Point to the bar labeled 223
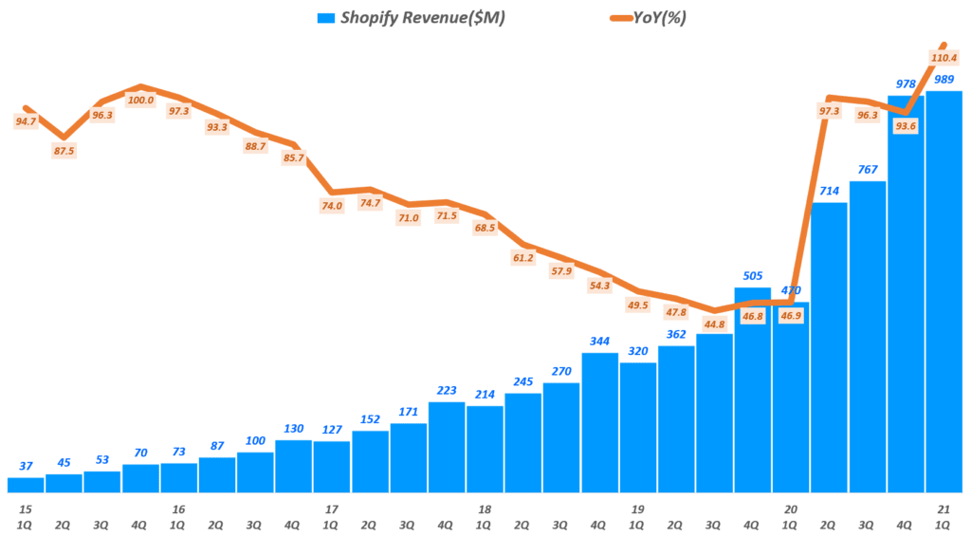[447, 447]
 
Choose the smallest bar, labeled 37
[26, 485]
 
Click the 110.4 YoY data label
[944, 58]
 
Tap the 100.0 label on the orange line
[140, 99]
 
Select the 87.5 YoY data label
[64, 150]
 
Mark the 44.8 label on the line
[715, 324]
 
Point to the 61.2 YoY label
[523, 258]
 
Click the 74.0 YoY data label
[332, 205]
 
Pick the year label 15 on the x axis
[26, 509]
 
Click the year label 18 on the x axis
[485, 509]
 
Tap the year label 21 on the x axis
[944, 509]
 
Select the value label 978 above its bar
[906, 84]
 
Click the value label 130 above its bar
[293, 429]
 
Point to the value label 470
[791, 290]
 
